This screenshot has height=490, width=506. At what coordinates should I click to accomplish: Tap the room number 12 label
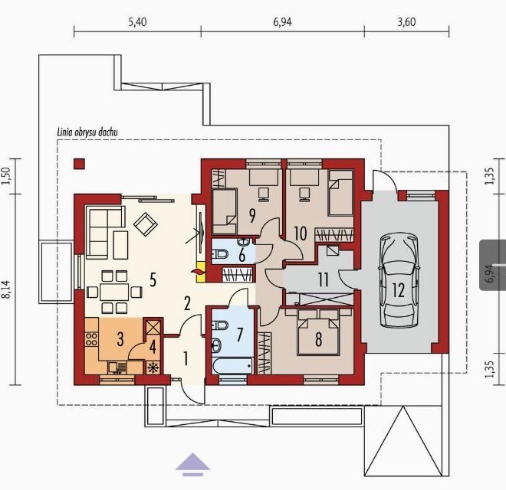pos(399,290)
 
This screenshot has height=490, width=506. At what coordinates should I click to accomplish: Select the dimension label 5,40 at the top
pos(137,22)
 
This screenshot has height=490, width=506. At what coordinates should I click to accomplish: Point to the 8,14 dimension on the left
pos(7,294)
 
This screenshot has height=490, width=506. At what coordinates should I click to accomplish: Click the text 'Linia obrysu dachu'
pos(87,132)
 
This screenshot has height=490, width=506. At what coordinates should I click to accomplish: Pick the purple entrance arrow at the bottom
pos(192,465)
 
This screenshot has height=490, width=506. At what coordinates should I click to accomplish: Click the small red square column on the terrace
pos(80,164)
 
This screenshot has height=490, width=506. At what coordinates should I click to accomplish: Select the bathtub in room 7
pos(232,367)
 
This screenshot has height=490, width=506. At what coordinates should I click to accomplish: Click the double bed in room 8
pos(318,333)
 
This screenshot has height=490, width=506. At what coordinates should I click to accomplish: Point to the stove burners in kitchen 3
pos(91,340)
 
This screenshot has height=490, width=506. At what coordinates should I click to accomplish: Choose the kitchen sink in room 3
pos(117,367)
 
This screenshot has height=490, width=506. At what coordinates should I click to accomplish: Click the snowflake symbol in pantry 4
pos(151,367)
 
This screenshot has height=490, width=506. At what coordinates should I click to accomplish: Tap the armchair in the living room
pos(146,224)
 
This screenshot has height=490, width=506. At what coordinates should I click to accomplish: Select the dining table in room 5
pos(114,292)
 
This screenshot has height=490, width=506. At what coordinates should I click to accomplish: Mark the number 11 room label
pos(324,279)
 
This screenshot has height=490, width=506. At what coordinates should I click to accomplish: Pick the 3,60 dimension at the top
pos(406,22)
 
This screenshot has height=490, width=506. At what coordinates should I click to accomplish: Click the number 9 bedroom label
pos(252,216)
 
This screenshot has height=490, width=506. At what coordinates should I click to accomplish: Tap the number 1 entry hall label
pos(186,359)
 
